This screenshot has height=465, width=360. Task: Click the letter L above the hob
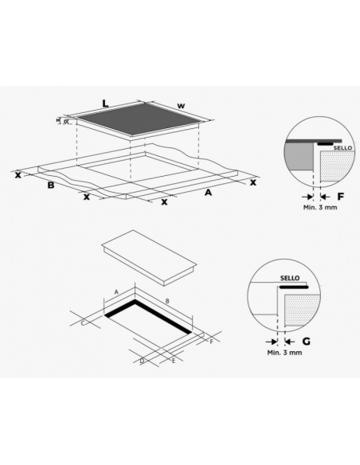[105, 102]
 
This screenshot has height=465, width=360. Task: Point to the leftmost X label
[18, 172]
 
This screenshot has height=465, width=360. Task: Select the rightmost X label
[252, 183]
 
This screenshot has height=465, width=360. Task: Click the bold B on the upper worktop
[50, 186]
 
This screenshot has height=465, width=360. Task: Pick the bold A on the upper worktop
[209, 192]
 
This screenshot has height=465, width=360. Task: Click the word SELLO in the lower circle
[289, 278]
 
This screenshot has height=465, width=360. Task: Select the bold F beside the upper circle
[340, 195]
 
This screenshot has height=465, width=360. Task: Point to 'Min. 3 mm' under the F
[320, 207]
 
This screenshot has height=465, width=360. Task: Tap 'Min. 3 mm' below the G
[284, 351]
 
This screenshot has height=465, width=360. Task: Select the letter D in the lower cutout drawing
[141, 361]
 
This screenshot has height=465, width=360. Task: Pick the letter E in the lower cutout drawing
[173, 361]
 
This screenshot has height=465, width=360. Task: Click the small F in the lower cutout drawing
[211, 341]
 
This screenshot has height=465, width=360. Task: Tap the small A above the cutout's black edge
[116, 292]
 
